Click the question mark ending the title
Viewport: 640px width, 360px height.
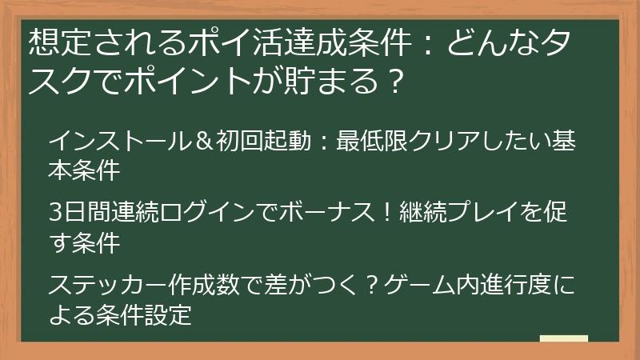click(391, 82)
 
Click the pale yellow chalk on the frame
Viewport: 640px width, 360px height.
click(564, 338)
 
